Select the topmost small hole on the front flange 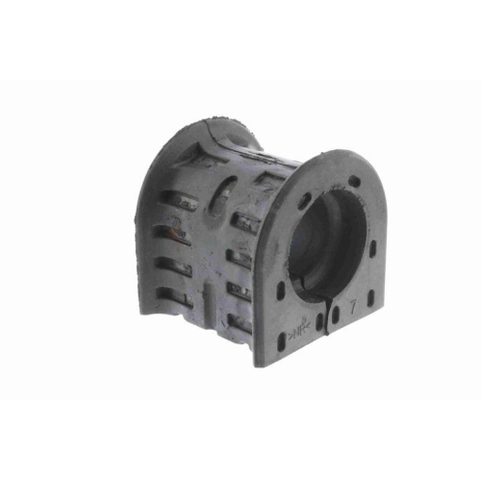pos(354,181)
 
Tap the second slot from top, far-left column pos(173,231)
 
